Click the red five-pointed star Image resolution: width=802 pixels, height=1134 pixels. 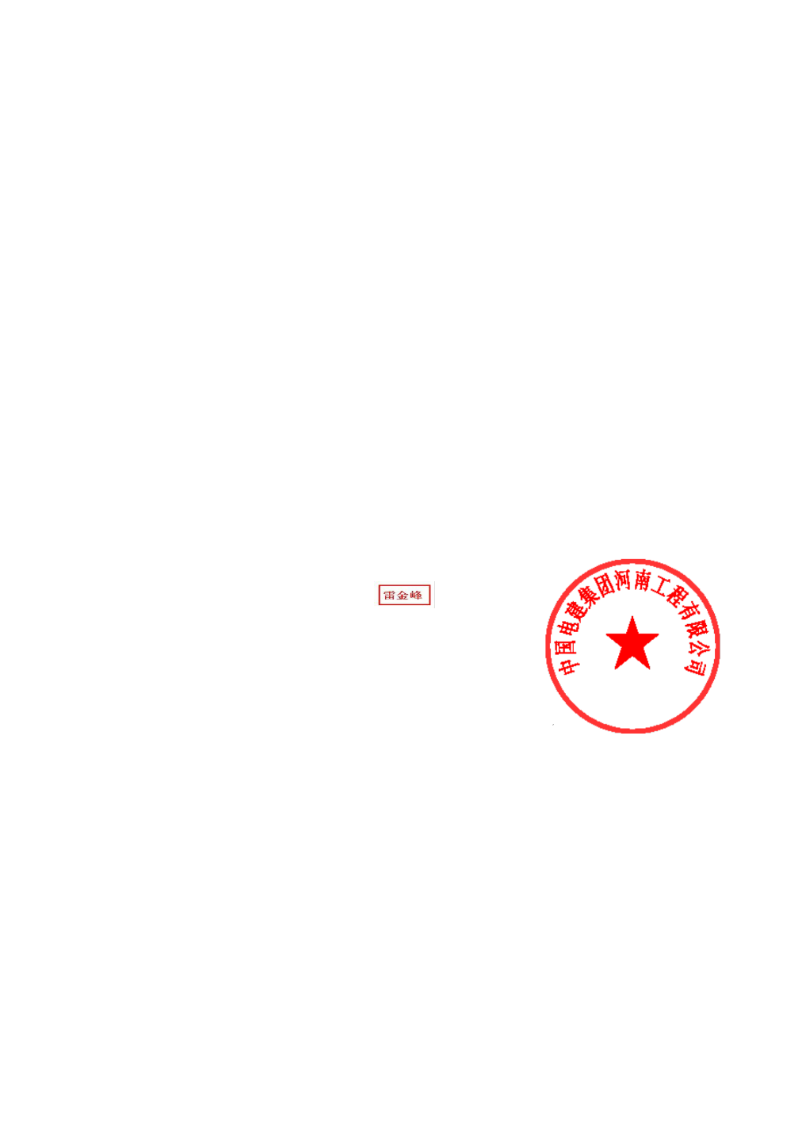coord(632,644)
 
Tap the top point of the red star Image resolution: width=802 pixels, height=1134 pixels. coord(632,616)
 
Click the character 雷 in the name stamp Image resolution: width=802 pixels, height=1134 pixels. coord(389,595)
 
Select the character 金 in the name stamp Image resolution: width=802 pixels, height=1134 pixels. coord(403,595)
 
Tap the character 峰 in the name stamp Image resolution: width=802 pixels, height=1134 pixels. coord(416,595)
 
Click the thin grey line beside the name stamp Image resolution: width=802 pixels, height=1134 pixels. coord(434,594)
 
